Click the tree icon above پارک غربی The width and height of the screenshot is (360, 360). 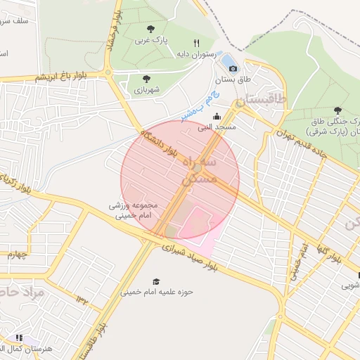click(150, 29)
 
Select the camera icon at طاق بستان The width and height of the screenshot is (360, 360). click(233, 68)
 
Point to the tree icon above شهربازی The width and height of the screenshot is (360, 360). click(146, 79)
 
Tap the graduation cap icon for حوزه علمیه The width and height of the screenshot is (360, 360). click(155, 281)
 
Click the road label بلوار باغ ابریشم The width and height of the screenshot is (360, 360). click(63, 75)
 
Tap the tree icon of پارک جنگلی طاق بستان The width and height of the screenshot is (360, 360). click(337, 110)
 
